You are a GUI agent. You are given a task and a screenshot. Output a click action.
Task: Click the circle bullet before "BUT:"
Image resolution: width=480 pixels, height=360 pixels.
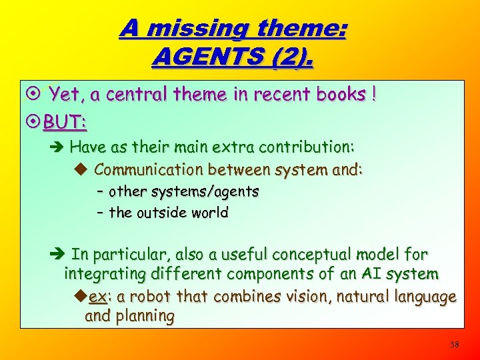pos(33,122)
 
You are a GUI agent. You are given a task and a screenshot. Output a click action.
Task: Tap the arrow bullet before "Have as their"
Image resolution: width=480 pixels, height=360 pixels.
pos(59,147)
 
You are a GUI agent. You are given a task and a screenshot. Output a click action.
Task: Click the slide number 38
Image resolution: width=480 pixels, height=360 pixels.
pos(455,344)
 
